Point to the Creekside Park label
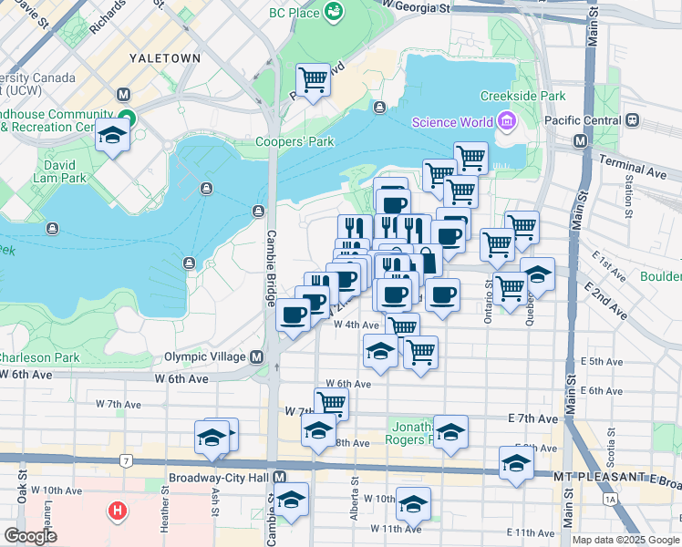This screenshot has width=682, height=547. pyautogui.click(x=522, y=96)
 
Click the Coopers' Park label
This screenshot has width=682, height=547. pyautogui.click(x=294, y=141)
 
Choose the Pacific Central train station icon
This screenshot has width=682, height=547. pyautogui.click(x=632, y=120)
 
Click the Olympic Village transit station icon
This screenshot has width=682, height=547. pyautogui.click(x=258, y=356)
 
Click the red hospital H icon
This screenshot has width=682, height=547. pyautogui.click(x=117, y=510)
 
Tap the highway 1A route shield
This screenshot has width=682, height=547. pyautogui.click(x=609, y=500)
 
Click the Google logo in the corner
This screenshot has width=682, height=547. pyautogui.click(x=31, y=536)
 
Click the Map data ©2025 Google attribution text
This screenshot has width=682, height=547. pyautogui.click(x=624, y=540)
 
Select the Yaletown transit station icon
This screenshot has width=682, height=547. pyautogui.click(x=124, y=95)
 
